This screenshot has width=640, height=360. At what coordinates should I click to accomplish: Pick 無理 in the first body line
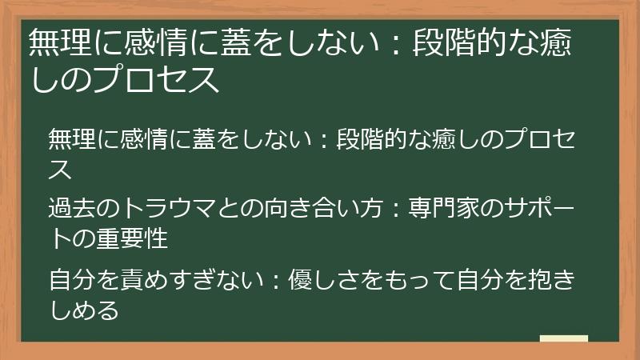pos(71,138)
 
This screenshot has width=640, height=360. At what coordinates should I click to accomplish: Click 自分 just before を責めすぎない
pos(71,282)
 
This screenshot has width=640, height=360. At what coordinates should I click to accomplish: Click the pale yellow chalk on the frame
pos(563,338)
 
